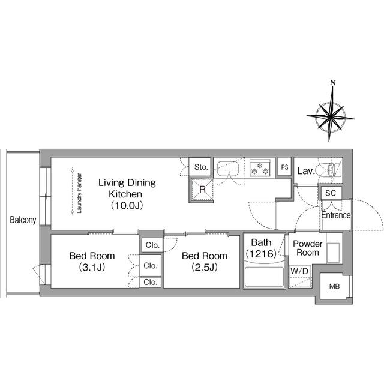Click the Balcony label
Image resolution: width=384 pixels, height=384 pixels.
click(x=23, y=220)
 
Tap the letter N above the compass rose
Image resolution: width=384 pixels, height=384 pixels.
click(x=332, y=83)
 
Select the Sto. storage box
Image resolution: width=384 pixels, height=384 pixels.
click(x=200, y=167)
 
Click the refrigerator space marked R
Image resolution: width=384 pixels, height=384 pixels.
click(x=202, y=190)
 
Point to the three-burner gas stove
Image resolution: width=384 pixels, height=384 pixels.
click(x=260, y=168)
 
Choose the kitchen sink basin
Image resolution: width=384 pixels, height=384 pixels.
click(x=228, y=169)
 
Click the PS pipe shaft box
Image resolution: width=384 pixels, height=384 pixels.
click(x=284, y=167)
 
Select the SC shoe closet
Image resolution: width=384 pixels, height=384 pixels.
click(x=331, y=193)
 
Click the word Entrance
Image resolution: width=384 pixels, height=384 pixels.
click(x=336, y=215)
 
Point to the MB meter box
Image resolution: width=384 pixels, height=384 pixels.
click(x=335, y=286)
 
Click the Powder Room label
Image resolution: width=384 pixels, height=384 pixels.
click(x=308, y=248)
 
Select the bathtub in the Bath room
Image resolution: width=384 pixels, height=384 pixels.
click(x=264, y=277)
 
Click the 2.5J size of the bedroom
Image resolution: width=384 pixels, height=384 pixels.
click(x=205, y=267)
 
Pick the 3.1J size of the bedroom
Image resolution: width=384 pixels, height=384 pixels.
click(x=92, y=267)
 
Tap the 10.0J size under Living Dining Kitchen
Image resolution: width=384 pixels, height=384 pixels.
click(x=127, y=205)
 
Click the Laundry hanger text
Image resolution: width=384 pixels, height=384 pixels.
click(x=79, y=193)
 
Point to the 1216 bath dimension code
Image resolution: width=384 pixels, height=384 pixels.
click(x=261, y=254)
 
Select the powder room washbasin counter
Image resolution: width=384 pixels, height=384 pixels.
click(x=334, y=248)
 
